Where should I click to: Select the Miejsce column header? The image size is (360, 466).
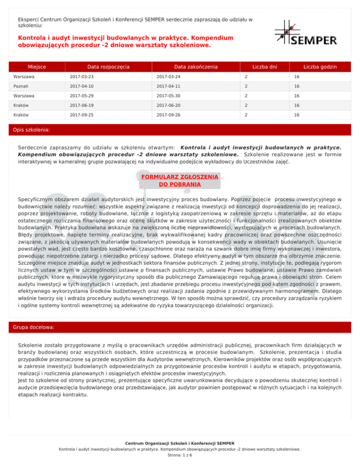tap(39, 67)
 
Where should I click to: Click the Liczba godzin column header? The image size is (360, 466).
tap(319, 67)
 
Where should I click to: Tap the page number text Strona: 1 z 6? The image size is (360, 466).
tap(180, 455)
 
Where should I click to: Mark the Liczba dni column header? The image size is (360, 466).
tap(264, 67)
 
